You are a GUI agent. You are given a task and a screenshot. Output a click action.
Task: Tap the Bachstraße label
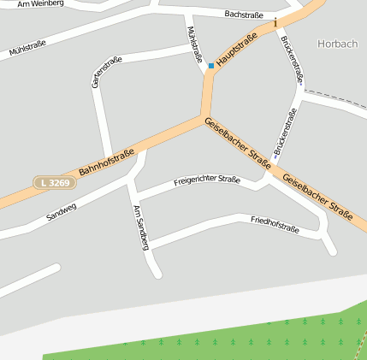pos(243,15)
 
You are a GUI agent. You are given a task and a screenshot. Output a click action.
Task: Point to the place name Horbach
pos(337,43)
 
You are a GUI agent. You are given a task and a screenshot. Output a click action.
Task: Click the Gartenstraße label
pos(106,72)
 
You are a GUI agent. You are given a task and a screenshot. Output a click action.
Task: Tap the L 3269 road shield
pos(52,183)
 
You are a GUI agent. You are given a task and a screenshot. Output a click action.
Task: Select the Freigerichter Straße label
pos(206,180)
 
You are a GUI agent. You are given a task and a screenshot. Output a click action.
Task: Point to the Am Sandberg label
pos(141,227)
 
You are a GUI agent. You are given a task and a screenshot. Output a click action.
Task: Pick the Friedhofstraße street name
pos(275,226)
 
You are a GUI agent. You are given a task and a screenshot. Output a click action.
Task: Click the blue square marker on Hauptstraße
pos(211,65)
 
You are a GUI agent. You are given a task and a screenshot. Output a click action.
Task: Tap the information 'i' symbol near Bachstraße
pos(275,22)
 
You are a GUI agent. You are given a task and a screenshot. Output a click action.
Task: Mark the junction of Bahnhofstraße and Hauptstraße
pos(204,117)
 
